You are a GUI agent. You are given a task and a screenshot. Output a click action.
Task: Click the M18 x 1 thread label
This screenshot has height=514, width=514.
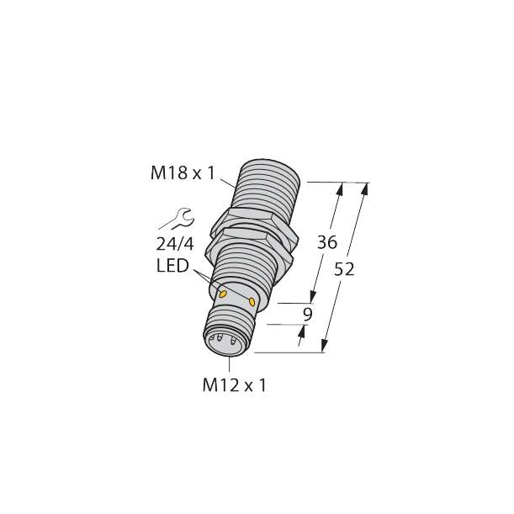click(x=183, y=174)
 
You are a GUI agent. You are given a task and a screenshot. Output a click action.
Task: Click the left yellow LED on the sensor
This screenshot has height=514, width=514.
click(x=223, y=294)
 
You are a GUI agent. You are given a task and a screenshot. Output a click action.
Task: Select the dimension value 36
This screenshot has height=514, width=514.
click(x=326, y=243)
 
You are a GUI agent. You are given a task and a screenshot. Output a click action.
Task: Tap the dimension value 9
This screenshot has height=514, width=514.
click(x=308, y=315)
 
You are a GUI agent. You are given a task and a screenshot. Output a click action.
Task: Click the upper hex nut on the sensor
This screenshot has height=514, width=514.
click(x=252, y=220)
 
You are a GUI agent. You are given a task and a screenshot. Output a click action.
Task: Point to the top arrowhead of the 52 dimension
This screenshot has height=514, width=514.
click(x=363, y=188)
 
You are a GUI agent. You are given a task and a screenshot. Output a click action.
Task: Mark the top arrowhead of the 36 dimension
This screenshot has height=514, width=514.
click(x=341, y=189)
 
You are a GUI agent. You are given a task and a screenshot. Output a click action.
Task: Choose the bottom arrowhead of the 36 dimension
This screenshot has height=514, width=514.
click(x=315, y=297)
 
